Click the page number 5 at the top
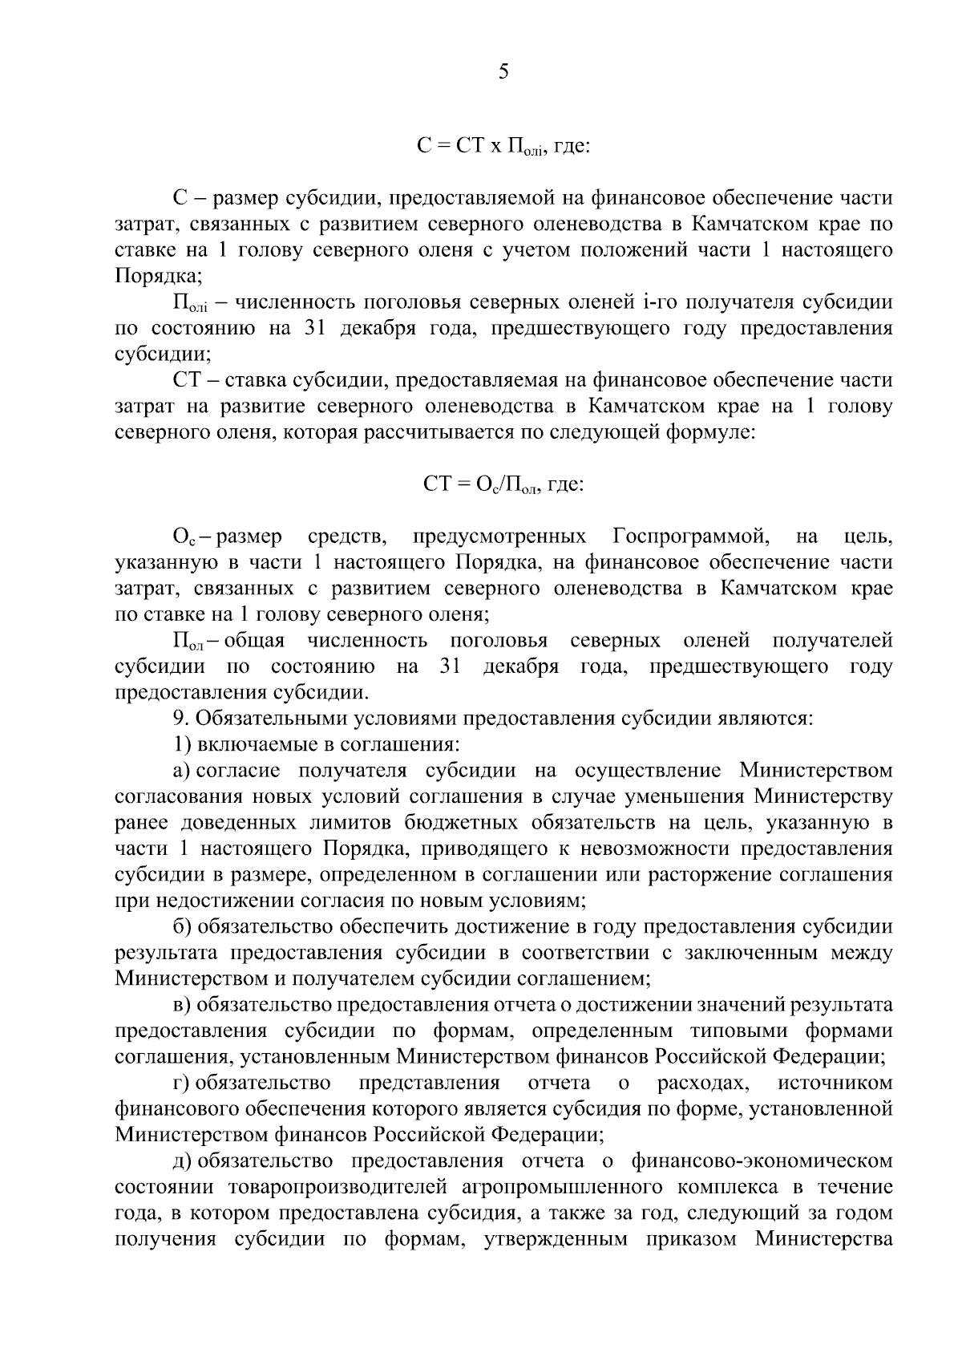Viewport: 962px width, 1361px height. [x=503, y=72]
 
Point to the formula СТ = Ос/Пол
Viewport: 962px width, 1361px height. [x=503, y=485]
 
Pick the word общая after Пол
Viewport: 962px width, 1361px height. [x=255, y=641]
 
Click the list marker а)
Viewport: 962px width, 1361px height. [x=181, y=771]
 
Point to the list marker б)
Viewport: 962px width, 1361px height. [x=182, y=927]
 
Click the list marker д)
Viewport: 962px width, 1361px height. [x=181, y=1160]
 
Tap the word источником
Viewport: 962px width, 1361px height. [x=835, y=1084]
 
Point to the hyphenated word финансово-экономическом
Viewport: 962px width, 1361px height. [x=762, y=1160]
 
